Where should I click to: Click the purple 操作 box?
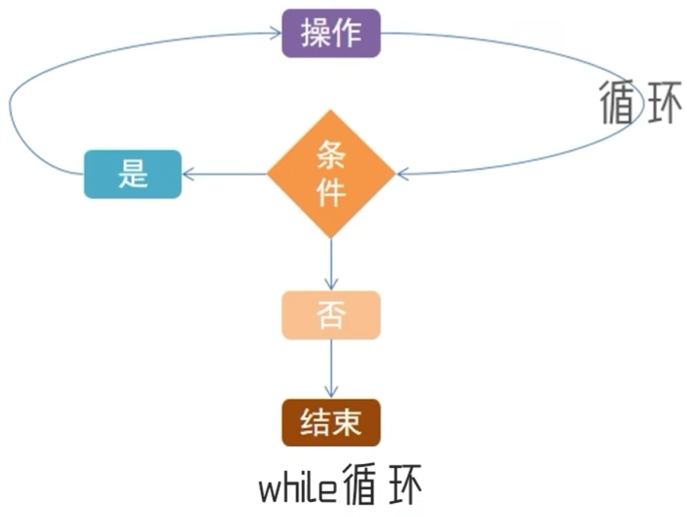331,34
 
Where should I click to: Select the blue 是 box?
133,174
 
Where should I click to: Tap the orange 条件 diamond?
331,174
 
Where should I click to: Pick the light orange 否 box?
331,315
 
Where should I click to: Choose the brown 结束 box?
331,423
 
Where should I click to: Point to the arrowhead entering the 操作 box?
275,34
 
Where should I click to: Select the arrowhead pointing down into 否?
331,285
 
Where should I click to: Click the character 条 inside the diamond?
331,157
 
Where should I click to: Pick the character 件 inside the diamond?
331,192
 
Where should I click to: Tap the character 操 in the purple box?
315,34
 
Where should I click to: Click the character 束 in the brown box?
347,423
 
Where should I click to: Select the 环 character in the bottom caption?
403,487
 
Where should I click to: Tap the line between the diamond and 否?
331,261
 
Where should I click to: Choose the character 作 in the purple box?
346,34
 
